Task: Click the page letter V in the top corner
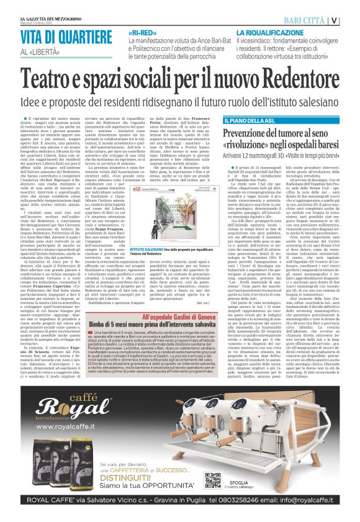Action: tap(352, 20)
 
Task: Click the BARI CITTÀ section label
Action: tap(320, 20)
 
